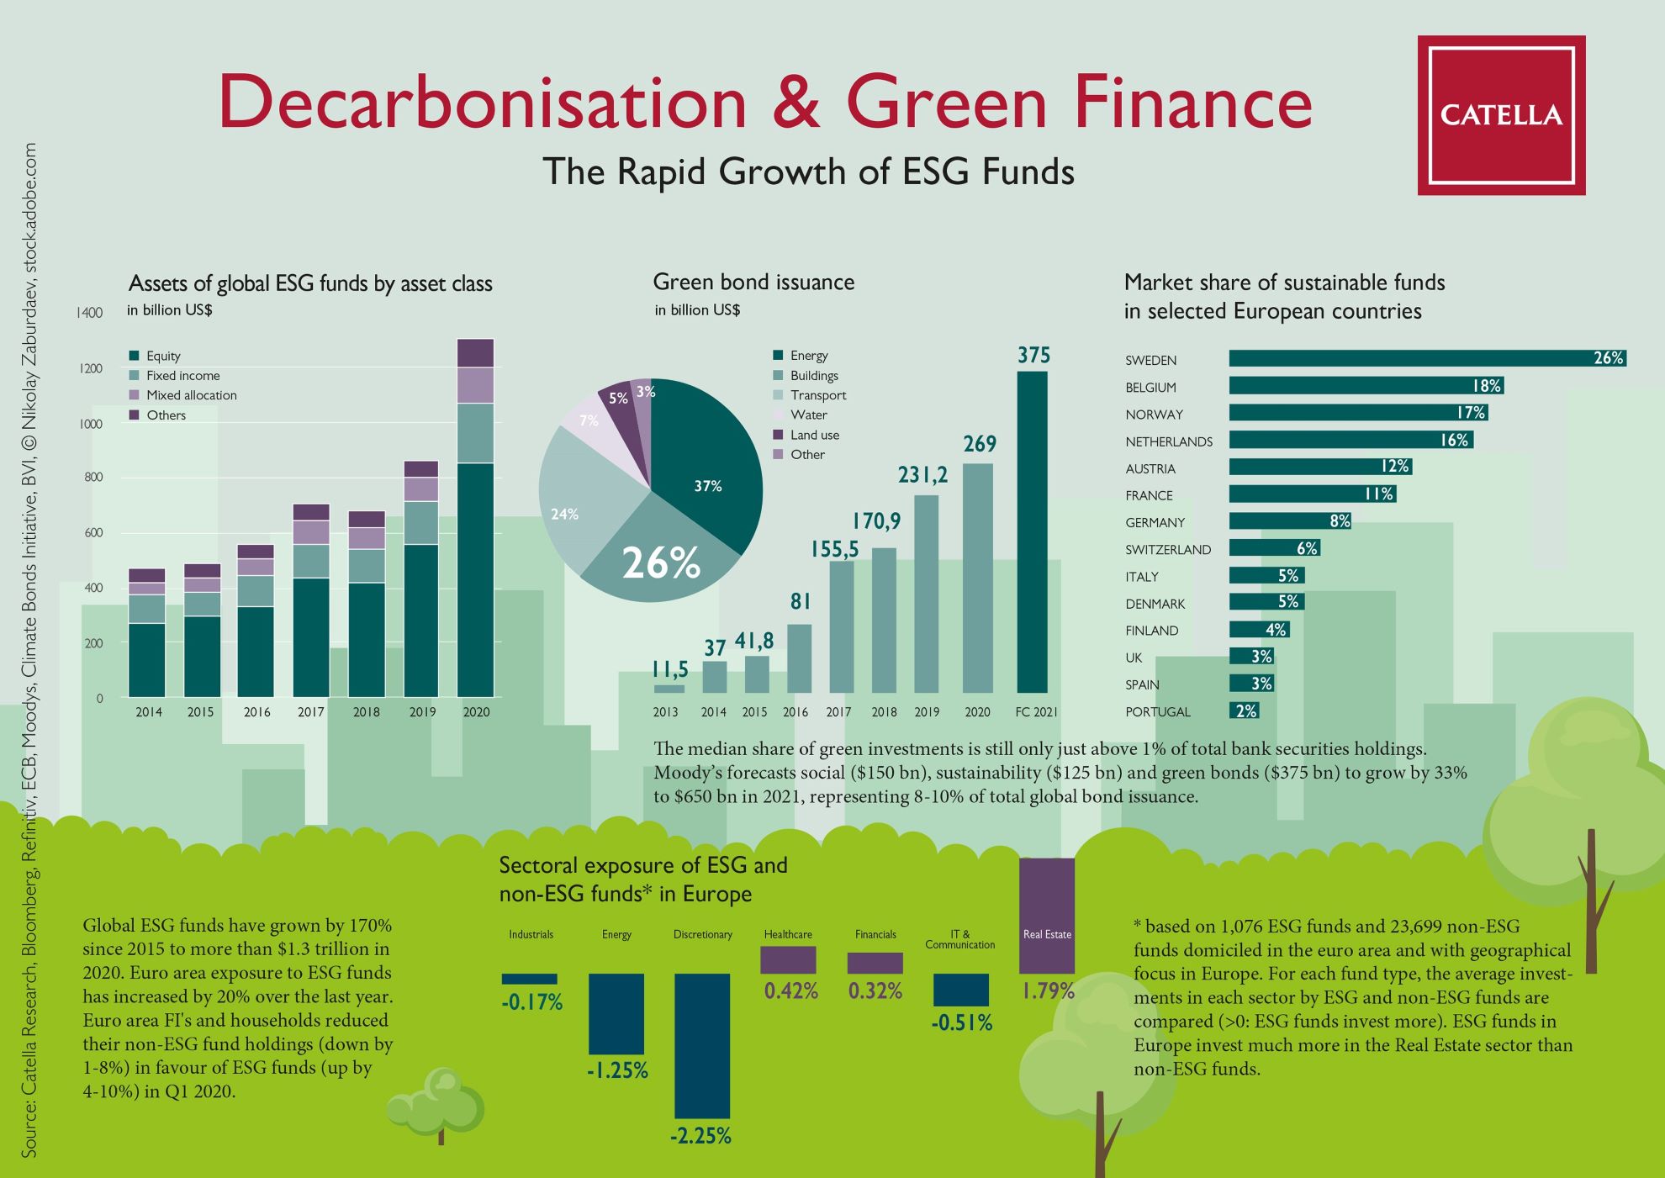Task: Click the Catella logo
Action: tap(1501, 115)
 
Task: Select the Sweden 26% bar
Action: tap(1427, 358)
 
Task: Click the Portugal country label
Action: tap(1158, 711)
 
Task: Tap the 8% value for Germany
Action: tap(1340, 521)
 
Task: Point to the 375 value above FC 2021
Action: tap(1033, 355)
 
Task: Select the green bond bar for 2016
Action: tap(799, 658)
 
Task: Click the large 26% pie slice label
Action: tap(661, 563)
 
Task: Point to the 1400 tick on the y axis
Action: tap(89, 313)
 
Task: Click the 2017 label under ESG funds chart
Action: tap(310, 711)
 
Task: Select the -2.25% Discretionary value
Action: tap(700, 1136)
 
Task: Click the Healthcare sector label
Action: tap(788, 934)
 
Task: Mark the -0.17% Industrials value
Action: tap(531, 1002)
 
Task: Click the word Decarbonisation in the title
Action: tap(483, 103)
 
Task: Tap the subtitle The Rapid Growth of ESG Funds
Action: tap(808, 172)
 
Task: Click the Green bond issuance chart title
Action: tap(753, 282)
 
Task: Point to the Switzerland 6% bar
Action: tap(1275, 548)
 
